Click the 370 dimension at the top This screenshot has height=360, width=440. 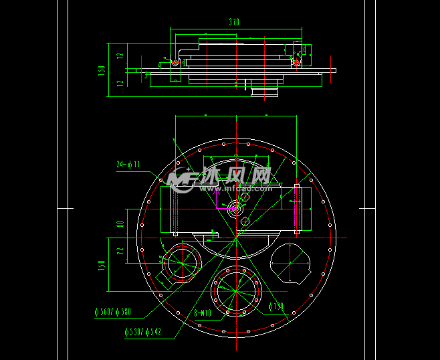233,22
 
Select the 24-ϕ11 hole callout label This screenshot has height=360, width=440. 128,164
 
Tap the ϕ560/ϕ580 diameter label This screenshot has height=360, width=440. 113,312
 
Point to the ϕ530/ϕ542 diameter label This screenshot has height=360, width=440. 142,331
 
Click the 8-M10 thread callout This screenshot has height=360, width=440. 203,312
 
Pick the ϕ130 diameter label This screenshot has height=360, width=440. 276,306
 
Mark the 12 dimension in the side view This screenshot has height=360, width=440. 120,83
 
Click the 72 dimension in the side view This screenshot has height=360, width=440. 120,57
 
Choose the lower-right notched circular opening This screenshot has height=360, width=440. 291,263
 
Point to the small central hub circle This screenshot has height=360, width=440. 235,209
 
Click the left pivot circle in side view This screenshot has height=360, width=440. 175,63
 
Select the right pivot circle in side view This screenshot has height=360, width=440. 295,63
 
